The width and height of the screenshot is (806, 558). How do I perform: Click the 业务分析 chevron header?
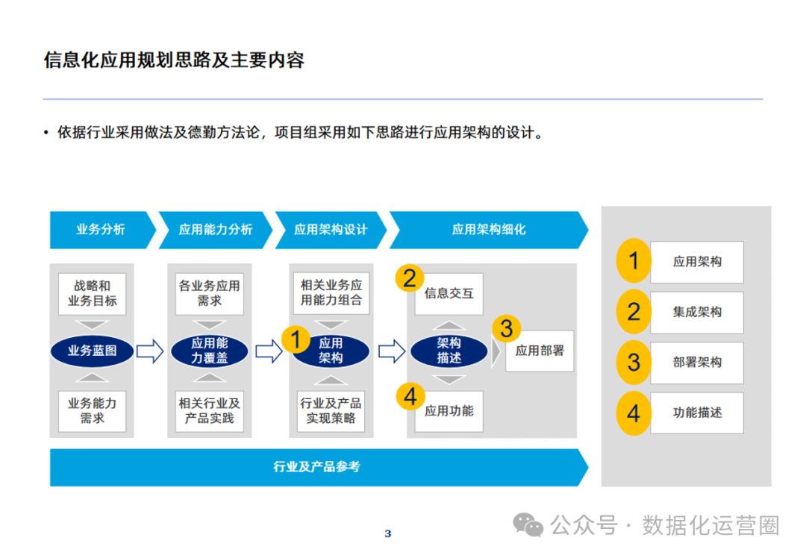tap(100, 230)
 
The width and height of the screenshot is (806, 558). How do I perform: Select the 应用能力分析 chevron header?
tap(215, 230)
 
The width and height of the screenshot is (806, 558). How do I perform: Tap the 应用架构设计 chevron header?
tap(331, 230)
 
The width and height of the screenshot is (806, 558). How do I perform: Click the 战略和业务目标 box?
tap(93, 293)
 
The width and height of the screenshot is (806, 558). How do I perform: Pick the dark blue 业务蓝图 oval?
tap(93, 351)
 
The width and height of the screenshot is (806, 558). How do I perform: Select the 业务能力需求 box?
tap(93, 410)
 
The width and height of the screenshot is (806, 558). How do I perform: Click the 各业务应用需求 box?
tap(210, 293)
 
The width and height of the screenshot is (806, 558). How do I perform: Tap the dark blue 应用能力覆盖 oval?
tap(210, 351)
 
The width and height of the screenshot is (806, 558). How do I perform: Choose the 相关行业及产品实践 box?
tap(210, 410)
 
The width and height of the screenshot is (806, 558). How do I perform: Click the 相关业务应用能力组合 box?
tap(331, 293)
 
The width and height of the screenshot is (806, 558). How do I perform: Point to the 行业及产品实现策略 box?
tap(331, 410)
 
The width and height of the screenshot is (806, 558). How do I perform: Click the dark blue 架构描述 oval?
tap(449, 351)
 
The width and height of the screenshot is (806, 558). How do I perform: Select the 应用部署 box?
tap(540, 351)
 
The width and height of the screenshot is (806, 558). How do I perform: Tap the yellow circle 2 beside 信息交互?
tap(410, 279)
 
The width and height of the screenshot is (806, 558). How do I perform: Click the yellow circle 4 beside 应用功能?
tap(410, 397)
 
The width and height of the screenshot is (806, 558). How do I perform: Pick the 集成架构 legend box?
tap(696, 312)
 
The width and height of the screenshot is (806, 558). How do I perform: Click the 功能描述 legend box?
tap(696, 413)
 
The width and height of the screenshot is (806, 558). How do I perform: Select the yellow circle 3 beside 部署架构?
tap(634, 363)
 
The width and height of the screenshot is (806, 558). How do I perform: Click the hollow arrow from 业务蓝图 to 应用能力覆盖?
tap(150, 351)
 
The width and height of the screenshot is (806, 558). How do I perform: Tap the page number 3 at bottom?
tap(387, 533)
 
